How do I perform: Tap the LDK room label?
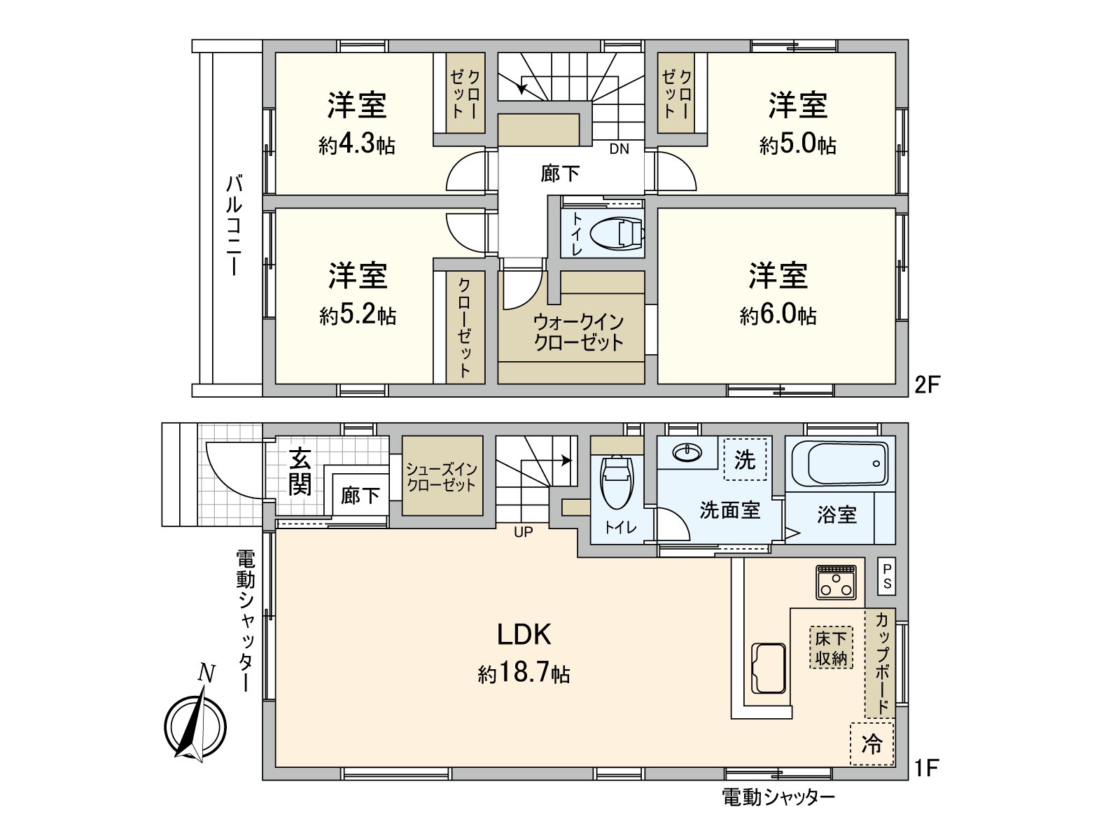pyautogui.click(x=524, y=635)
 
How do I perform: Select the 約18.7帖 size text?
pyautogui.click(x=524, y=673)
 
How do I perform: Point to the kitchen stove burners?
pyautogui.click(x=836, y=582)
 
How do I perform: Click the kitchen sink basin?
pyautogui.click(x=768, y=668)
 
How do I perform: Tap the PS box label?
pyautogui.click(x=887, y=576)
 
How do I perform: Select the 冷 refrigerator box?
pyautogui.click(x=872, y=743)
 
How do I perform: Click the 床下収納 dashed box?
pyautogui.click(x=831, y=647)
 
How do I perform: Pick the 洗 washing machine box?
pyautogui.click(x=745, y=460)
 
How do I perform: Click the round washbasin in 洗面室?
pyautogui.click(x=687, y=453)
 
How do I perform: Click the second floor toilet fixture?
pyautogui.click(x=616, y=233)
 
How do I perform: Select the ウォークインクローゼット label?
pyautogui.click(x=578, y=332)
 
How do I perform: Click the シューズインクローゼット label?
pyautogui.click(x=442, y=476)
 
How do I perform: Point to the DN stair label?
pyautogui.click(x=619, y=148)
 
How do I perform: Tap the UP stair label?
pyautogui.click(x=523, y=532)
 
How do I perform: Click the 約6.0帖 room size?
pyautogui.click(x=778, y=315)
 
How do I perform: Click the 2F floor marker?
pyautogui.click(x=927, y=384)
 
